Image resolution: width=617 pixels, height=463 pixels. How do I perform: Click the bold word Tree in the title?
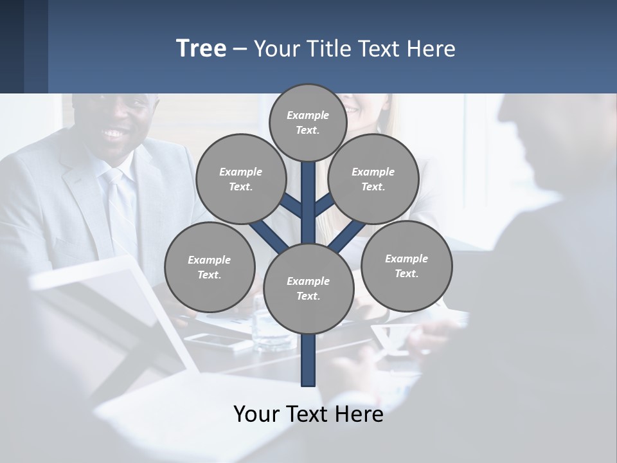pos(201,48)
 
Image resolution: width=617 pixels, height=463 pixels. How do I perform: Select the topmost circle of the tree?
pos(308,122)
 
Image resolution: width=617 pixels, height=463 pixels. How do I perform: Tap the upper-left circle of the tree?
pos(241,179)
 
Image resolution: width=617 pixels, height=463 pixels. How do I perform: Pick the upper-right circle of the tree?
pos(373,179)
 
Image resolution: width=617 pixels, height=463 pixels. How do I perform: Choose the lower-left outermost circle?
pos(210,267)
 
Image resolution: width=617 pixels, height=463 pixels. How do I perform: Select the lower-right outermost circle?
pos(406,266)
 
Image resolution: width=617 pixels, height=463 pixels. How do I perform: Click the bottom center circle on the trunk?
pos(308,288)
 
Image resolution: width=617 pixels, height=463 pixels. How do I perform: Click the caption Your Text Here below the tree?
pos(308,413)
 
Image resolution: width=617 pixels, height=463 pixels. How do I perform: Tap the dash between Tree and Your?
pos(240,49)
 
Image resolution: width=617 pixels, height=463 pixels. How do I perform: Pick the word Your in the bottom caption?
pos(257,413)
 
